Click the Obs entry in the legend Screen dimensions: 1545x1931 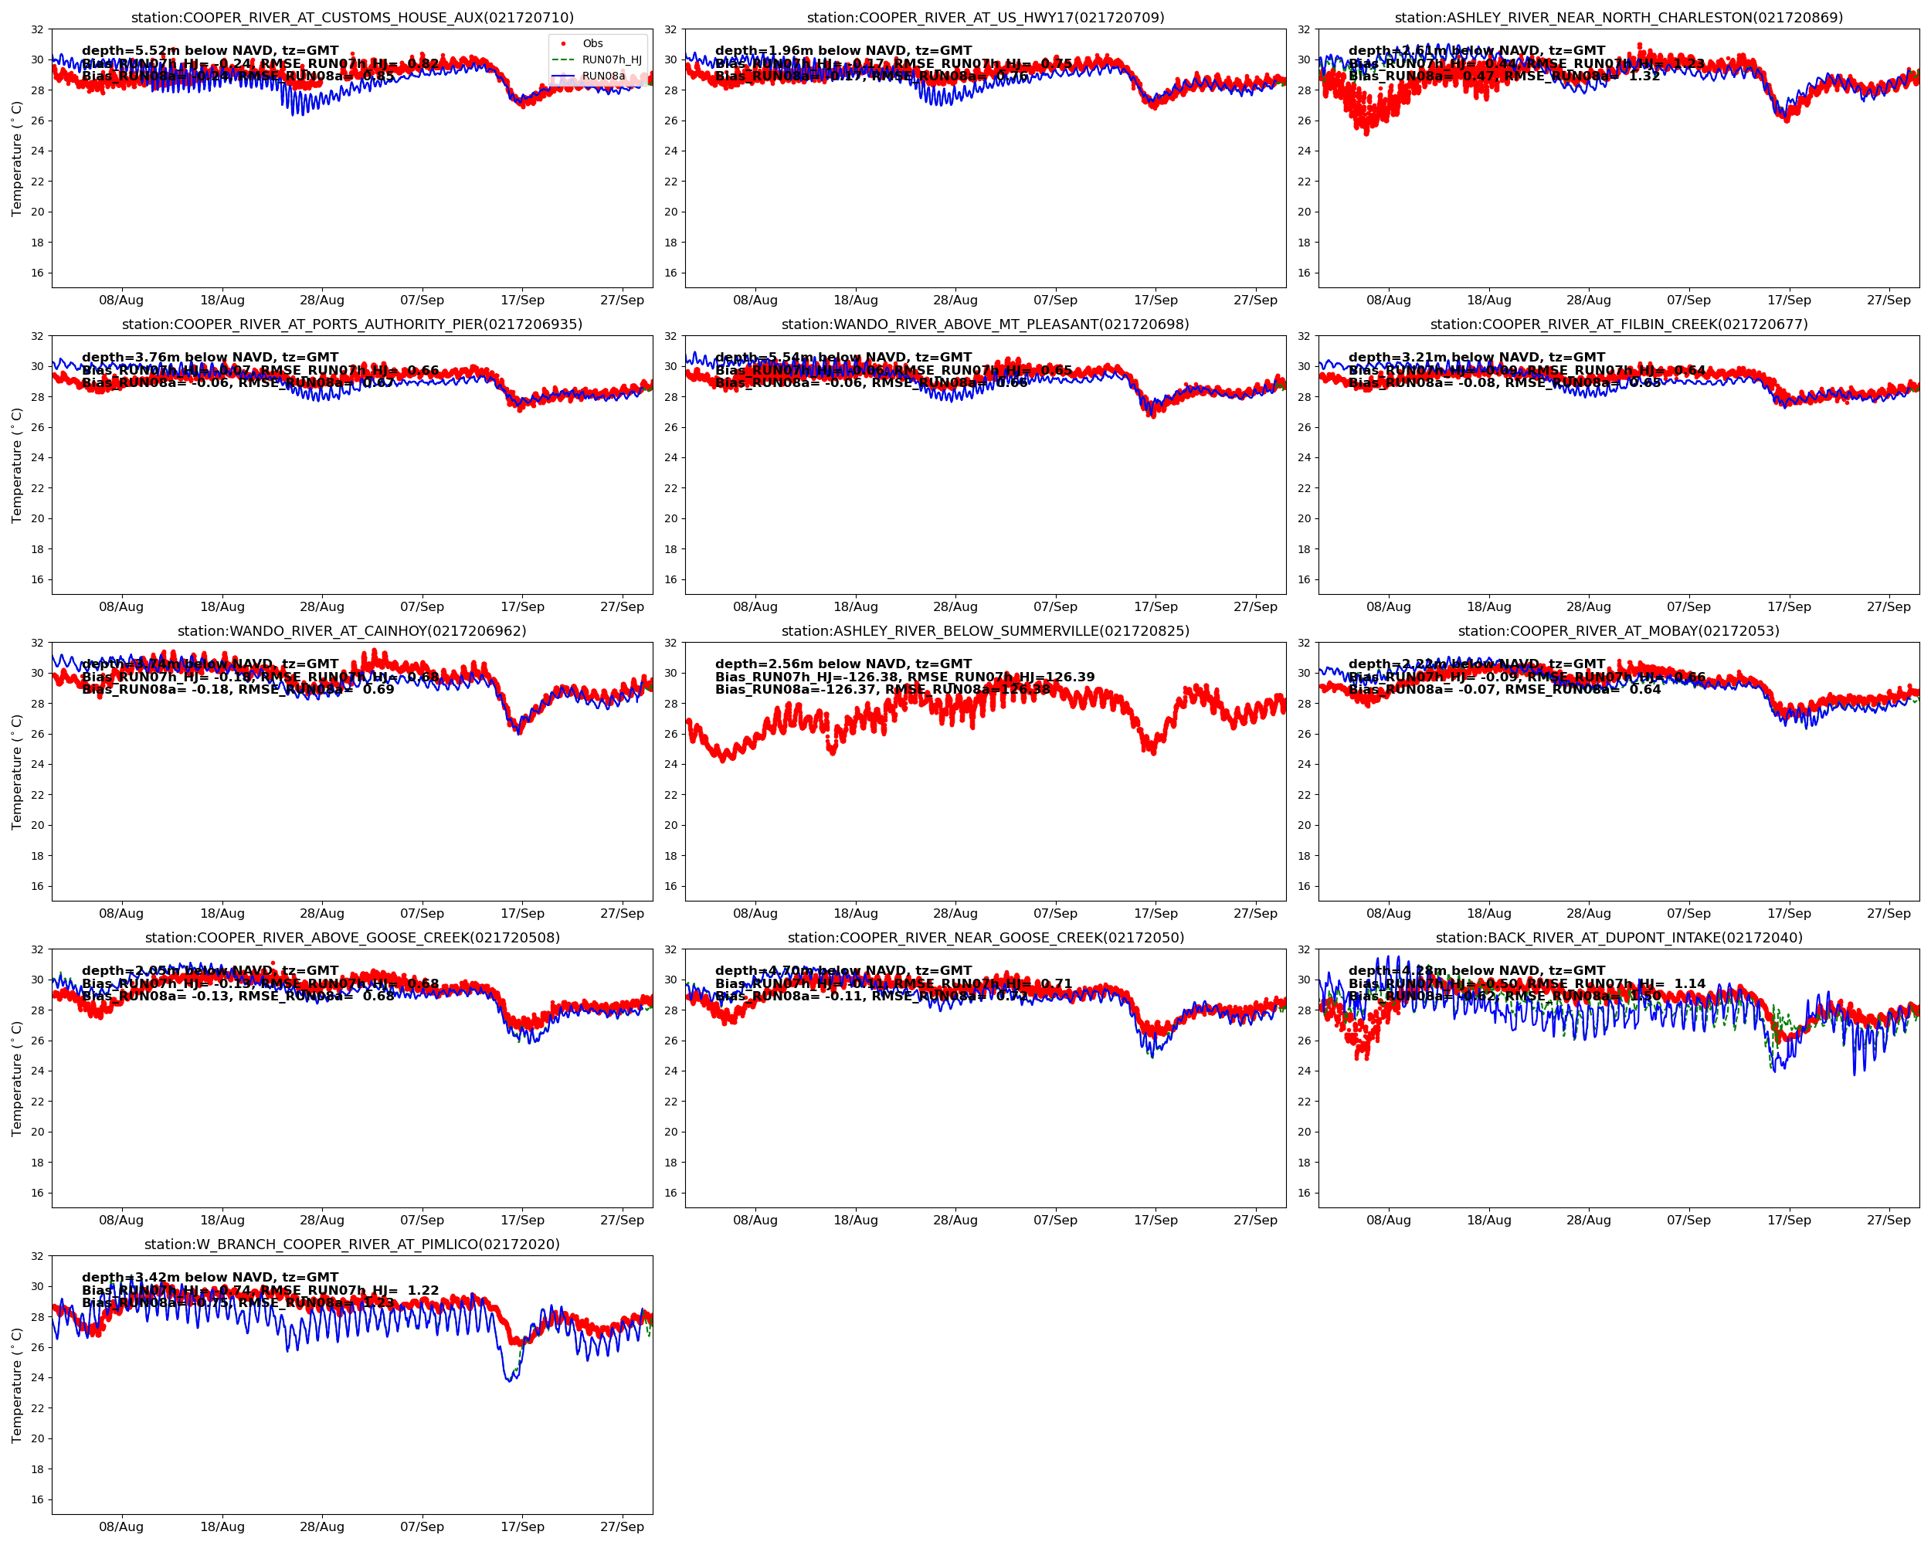[x=592, y=43]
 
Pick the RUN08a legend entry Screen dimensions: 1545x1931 [x=602, y=76]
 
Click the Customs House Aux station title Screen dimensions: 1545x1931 [x=352, y=17]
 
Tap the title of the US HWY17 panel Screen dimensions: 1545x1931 [x=986, y=17]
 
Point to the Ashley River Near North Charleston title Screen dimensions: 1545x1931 [x=1618, y=17]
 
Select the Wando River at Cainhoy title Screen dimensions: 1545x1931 [x=352, y=630]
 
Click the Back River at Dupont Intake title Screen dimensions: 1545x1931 [x=1618, y=938]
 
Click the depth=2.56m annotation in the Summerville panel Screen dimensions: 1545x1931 [x=843, y=664]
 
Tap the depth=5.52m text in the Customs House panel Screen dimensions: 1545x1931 [x=210, y=50]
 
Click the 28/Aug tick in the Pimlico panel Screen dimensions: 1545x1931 [x=321, y=1526]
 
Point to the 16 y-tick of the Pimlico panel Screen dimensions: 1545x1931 [x=37, y=1499]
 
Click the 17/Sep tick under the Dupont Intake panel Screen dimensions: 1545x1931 [x=1789, y=1220]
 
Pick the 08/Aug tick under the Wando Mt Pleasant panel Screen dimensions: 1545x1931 [x=755, y=606]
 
